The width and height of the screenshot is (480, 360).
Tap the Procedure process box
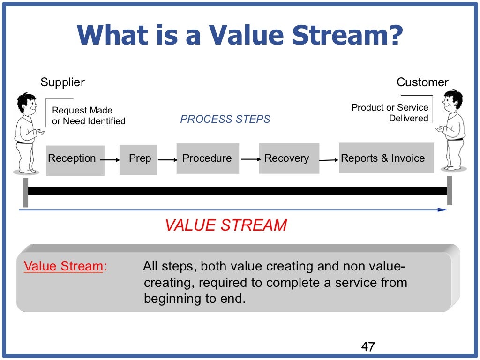(x=207, y=158)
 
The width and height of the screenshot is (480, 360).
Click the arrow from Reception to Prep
(x=111, y=160)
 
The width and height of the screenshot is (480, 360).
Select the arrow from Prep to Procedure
(x=167, y=160)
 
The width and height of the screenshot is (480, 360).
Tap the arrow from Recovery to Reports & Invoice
(x=329, y=160)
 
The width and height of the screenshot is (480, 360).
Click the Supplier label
(x=62, y=82)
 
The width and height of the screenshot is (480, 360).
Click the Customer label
(x=422, y=82)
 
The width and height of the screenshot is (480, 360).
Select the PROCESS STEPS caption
(x=225, y=120)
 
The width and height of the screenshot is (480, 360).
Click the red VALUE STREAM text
(x=225, y=225)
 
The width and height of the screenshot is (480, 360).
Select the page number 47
(x=368, y=347)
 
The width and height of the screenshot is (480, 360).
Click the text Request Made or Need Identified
(x=89, y=116)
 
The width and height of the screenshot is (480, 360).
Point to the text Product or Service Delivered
(x=390, y=113)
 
